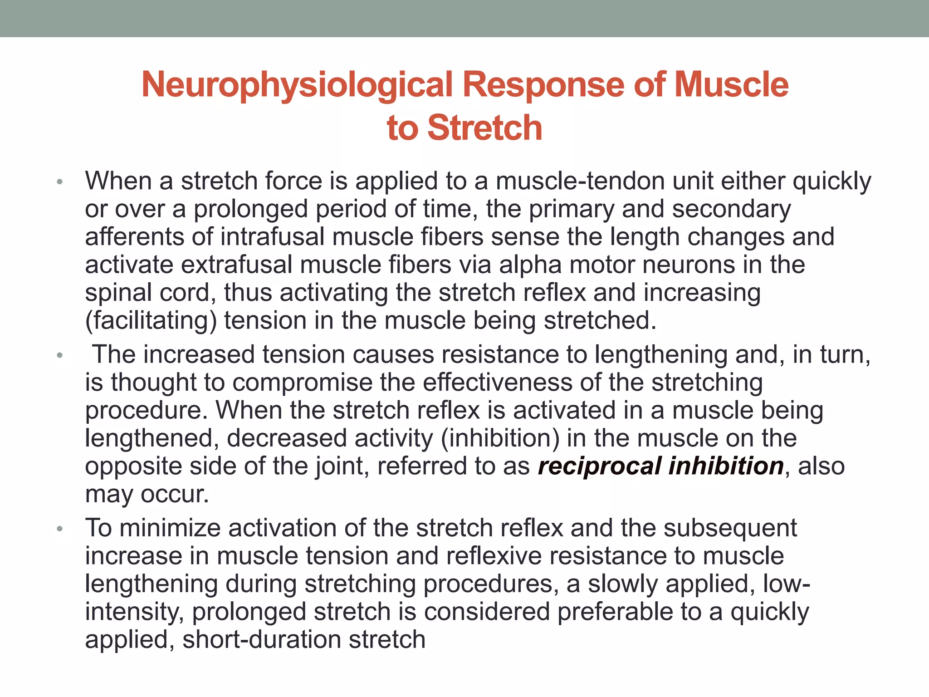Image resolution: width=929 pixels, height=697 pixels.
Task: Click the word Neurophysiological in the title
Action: [297, 85]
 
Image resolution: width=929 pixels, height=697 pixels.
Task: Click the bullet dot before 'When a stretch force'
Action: [59, 182]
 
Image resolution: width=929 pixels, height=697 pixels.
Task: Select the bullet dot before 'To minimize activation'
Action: [59, 529]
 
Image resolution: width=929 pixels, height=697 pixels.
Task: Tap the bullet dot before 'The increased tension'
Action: [59, 356]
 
